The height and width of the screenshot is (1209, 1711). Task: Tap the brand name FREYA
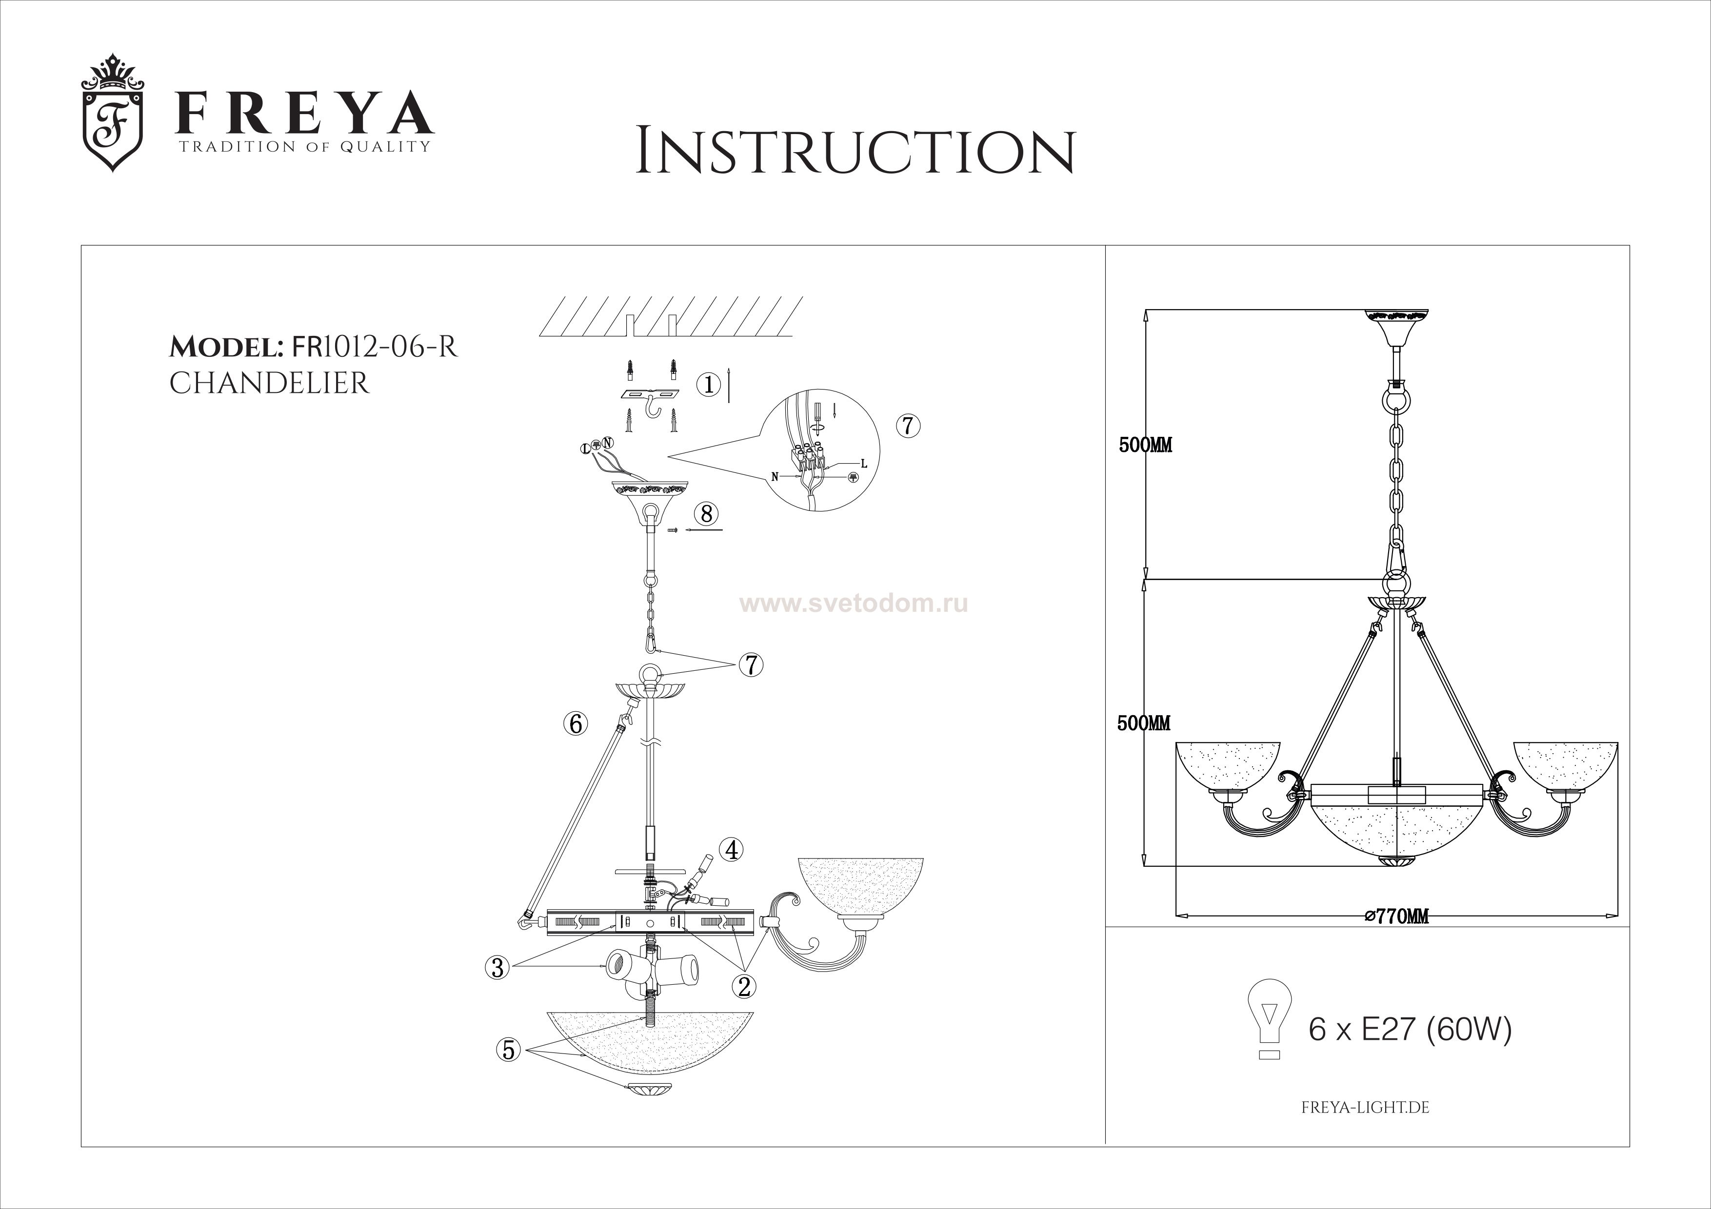(x=303, y=113)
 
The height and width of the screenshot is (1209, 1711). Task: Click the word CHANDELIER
(x=269, y=383)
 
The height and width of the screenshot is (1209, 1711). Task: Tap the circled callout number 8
(x=706, y=513)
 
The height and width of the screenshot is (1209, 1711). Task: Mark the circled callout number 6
(x=576, y=723)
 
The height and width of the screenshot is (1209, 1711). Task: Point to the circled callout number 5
(x=508, y=1050)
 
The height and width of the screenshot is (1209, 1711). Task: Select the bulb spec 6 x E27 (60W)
(x=1411, y=1030)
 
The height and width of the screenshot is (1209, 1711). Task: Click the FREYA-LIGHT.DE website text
(x=1365, y=1108)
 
